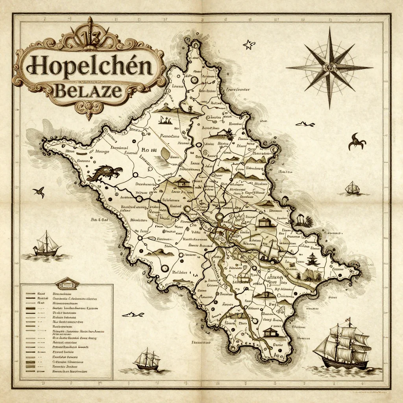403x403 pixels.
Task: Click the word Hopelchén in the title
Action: [89, 67]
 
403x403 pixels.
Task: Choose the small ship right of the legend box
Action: [147, 359]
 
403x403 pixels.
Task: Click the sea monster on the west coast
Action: [104, 173]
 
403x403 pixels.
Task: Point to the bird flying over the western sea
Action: [39, 192]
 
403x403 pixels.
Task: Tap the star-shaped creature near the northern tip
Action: [248, 45]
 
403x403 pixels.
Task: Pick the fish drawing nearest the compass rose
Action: [305, 124]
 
